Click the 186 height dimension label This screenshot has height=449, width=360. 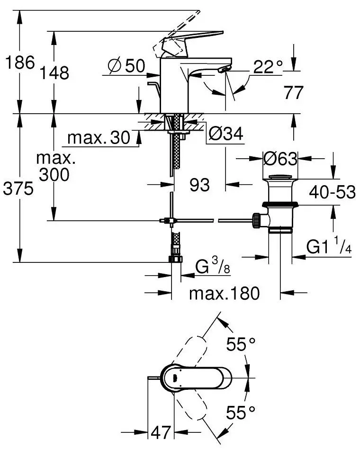click(x=18, y=63)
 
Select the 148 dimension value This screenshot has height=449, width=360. click(x=54, y=73)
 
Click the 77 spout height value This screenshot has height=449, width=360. click(x=294, y=93)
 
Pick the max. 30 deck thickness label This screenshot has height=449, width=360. click(x=99, y=138)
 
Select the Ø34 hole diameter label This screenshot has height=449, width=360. click(x=225, y=135)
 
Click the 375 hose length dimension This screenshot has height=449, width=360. click(x=18, y=189)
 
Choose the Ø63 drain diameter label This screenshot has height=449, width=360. click(x=280, y=158)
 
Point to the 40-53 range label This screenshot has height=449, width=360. click(x=332, y=192)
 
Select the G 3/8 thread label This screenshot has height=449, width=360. click(x=213, y=268)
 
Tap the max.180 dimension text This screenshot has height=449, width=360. click(x=225, y=294)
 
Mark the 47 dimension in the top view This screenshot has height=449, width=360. click(x=162, y=432)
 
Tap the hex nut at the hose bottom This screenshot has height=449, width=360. click(x=174, y=259)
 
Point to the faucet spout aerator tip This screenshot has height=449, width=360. click(x=222, y=71)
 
